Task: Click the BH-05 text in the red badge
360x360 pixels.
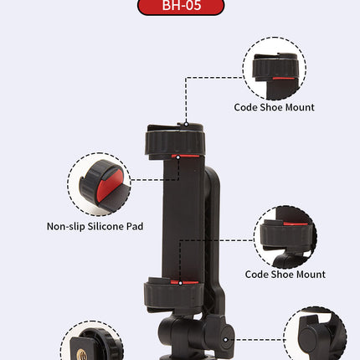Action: [182, 5]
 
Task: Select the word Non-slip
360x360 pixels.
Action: [66, 226]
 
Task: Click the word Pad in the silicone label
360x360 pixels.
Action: [135, 226]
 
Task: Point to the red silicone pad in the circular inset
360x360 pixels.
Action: [109, 185]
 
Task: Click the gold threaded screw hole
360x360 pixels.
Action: [82, 354]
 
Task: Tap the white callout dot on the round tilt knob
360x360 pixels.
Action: [225, 340]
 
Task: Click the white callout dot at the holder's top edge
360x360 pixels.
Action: [186, 124]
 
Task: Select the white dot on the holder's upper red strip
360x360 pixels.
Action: [178, 157]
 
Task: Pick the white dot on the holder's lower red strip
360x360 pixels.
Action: [180, 283]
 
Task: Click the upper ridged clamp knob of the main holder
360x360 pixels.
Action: [175, 143]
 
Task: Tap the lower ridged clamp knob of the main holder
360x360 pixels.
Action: [173, 296]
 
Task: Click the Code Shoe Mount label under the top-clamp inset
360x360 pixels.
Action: [274, 107]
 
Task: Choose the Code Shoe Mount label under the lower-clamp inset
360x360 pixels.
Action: [285, 275]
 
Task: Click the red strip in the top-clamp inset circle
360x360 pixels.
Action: [283, 79]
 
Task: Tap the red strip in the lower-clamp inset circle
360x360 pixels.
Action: [296, 224]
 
